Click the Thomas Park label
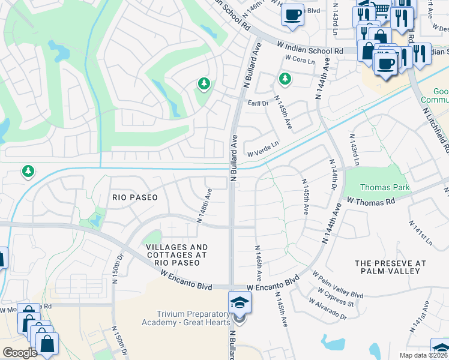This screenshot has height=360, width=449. coord(385,188)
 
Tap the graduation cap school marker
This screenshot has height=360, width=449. coord(239,302)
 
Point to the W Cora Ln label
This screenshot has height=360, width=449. coord(300,59)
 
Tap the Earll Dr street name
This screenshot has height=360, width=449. coord(258,103)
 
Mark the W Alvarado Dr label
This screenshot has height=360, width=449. coord(327,310)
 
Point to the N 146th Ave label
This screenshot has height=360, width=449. coord(259,264)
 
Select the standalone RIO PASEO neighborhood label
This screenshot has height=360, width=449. coord(134,197)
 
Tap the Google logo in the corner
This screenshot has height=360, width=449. coord(20,353)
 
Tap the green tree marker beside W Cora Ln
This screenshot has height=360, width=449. coord(285,79)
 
